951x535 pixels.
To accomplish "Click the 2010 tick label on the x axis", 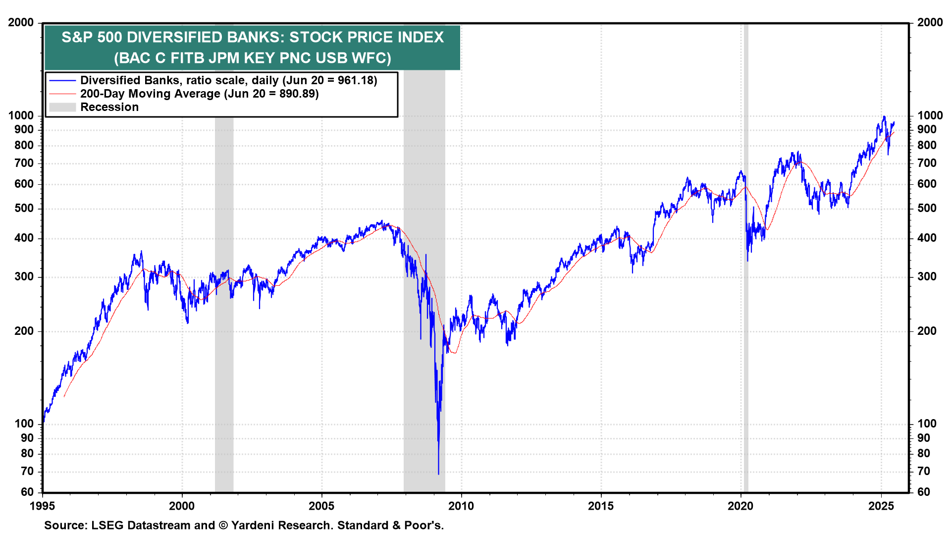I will click(461, 506).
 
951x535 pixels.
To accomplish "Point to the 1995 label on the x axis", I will click(43, 506).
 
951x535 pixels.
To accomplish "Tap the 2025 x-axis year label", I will click(881, 506).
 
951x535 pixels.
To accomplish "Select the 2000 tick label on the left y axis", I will click(21, 23).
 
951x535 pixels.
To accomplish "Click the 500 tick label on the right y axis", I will click(927, 209).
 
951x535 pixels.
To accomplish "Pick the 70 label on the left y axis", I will click(27, 472).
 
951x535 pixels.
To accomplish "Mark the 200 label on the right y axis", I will click(927, 331).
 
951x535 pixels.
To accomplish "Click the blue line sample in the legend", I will click(62, 81).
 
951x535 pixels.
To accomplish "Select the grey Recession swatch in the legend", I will click(62, 107).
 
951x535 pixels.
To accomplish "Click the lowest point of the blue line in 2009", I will click(438, 474).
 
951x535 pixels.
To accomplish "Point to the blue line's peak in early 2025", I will click(884, 117).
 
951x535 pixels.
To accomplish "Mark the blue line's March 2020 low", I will click(747, 261).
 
